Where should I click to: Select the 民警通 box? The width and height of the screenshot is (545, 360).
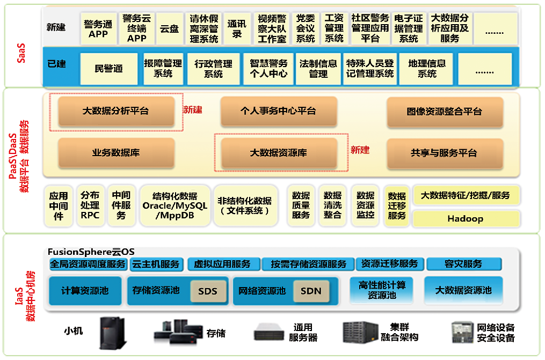click(108, 69)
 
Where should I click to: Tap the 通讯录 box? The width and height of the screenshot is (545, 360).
click(237, 28)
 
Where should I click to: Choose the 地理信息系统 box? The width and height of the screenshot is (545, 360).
click(427, 69)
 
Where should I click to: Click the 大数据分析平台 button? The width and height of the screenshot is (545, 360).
click(116, 112)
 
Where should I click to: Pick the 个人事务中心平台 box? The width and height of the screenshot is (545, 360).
click(278, 112)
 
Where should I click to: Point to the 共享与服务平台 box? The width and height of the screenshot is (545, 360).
click(444, 153)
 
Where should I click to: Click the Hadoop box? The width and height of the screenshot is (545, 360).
click(466, 218)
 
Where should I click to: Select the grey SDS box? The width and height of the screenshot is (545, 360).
click(208, 291)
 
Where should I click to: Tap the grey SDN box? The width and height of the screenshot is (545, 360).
click(311, 291)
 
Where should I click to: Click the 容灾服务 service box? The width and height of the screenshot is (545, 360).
click(463, 264)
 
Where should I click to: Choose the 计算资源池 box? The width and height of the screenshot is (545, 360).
click(85, 291)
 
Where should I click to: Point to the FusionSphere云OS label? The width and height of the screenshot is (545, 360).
click(91, 251)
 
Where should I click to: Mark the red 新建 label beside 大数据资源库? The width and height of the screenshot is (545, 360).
click(360, 150)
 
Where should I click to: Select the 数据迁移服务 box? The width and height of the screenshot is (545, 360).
click(397, 206)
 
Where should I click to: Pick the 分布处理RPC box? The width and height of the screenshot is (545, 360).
click(90, 205)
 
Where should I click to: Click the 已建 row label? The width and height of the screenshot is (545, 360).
click(56, 64)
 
